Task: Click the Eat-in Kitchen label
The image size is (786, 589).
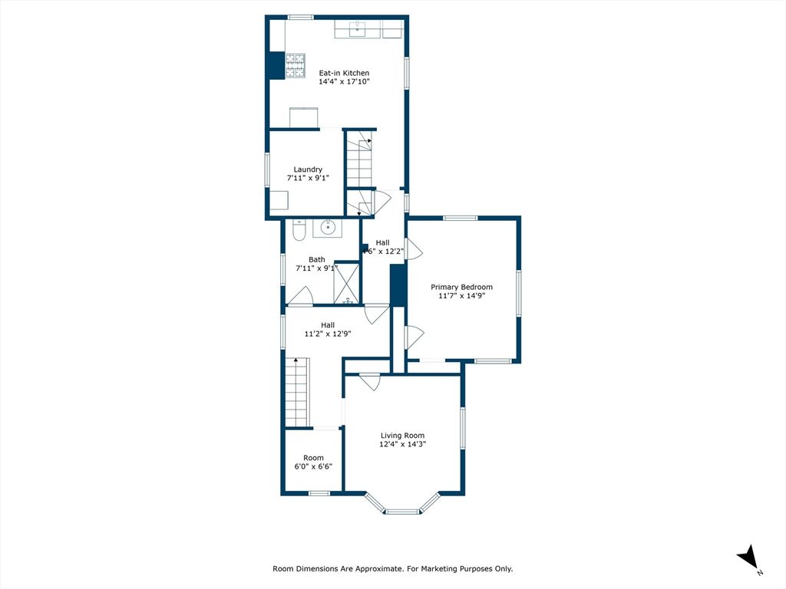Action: (344, 74)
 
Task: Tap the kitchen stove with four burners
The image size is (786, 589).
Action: (296, 65)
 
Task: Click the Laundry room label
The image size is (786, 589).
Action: (308, 169)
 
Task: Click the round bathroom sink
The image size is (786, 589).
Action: (328, 227)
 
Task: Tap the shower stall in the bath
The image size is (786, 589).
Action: (347, 283)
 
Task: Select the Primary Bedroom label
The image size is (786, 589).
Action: (461, 287)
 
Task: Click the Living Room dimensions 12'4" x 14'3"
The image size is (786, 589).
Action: (402, 444)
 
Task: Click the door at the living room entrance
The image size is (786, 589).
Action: (370, 380)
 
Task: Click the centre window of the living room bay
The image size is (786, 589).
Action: (401, 511)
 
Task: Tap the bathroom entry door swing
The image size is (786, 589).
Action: (300, 296)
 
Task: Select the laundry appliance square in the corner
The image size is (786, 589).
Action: (279, 200)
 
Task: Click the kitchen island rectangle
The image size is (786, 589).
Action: (303, 117)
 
